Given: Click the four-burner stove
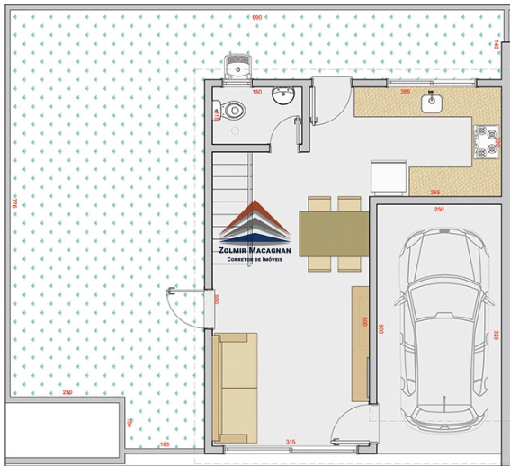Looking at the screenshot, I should pyautogui.click(x=488, y=139).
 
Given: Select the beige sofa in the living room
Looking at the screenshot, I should pyautogui.click(x=237, y=387).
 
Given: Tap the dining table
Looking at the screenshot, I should pyautogui.click(x=334, y=233).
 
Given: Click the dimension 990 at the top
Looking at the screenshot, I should pyautogui.click(x=256, y=17).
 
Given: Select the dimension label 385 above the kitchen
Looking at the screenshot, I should pyautogui.click(x=405, y=92).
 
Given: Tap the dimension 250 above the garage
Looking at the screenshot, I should pyautogui.click(x=439, y=209).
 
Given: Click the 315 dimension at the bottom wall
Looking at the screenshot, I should pyautogui.click(x=291, y=442).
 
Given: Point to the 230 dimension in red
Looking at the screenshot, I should pyautogui.click(x=67, y=392).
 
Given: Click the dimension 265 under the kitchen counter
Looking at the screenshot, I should pyautogui.click(x=435, y=192).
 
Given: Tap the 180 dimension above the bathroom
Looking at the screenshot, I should pyautogui.click(x=255, y=92).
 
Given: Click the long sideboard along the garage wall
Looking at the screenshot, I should pyautogui.click(x=360, y=343).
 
